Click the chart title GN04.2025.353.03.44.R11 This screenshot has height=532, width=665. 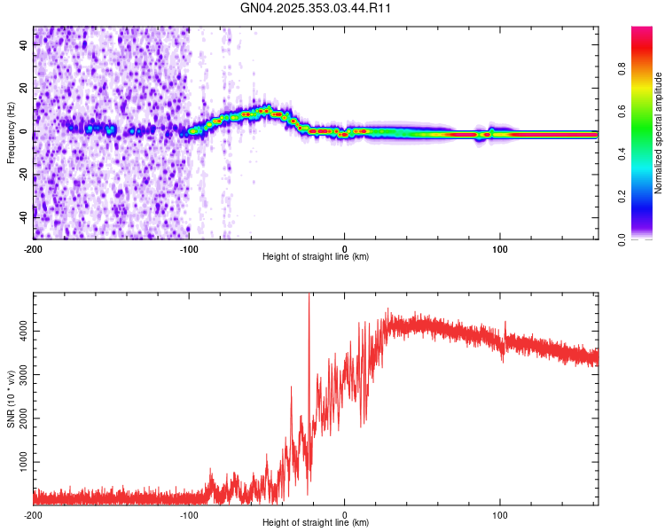(317, 8)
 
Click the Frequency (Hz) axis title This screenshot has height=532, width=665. (11, 133)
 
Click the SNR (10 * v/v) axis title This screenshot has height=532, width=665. (11, 399)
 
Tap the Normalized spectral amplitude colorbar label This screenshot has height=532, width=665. (659, 133)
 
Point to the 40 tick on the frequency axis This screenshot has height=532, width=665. (23, 46)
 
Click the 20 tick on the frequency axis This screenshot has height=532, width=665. (23, 89)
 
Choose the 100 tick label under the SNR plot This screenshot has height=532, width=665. (500, 515)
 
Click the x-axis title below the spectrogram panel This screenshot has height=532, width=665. (316, 257)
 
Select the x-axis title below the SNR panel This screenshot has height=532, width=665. (316, 523)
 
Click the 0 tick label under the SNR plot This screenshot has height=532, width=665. (345, 515)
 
